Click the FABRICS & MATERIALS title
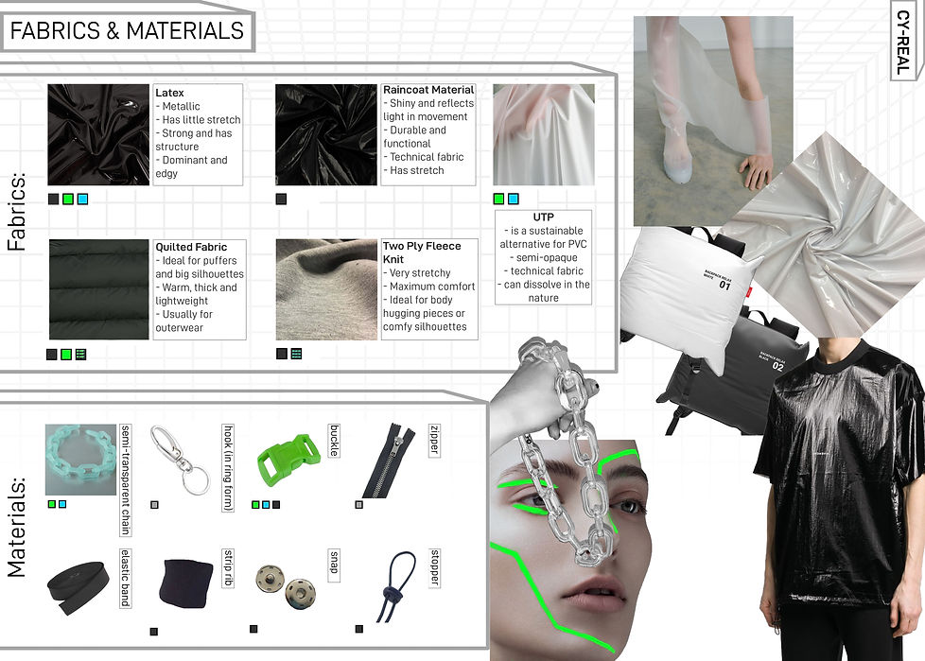(127, 30)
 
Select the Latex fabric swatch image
(98, 134)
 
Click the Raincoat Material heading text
(428, 91)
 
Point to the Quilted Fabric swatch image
(98, 289)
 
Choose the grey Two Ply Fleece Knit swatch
(326, 289)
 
